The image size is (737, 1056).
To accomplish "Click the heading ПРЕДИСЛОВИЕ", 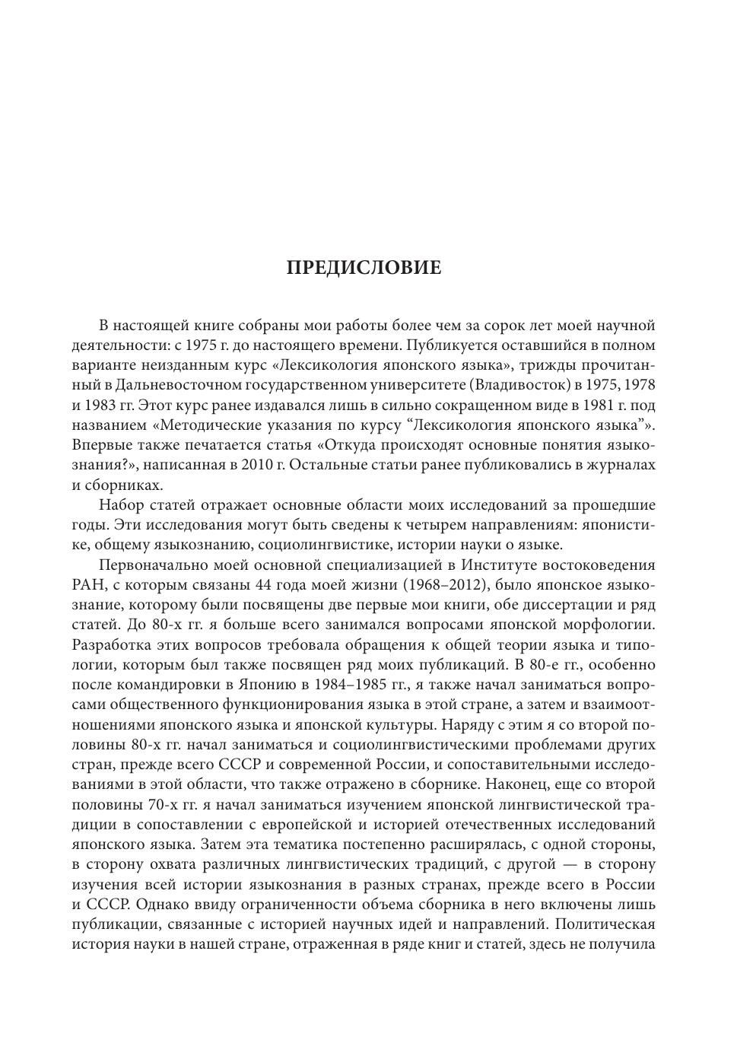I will pyautogui.click(x=364, y=268).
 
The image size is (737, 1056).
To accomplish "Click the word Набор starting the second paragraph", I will pyautogui.click(x=122, y=505).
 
